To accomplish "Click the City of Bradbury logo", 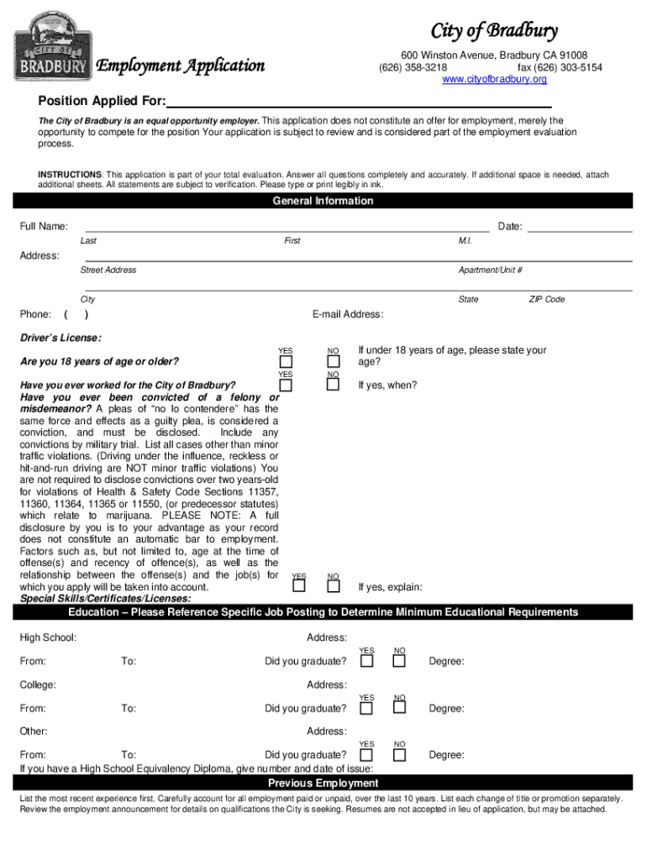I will point(53,46).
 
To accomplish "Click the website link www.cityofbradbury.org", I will point(494,79).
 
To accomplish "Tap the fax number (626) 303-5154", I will point(560,67).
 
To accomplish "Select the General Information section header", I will point(323,201).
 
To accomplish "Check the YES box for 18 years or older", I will point(286,362).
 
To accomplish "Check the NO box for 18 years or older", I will point(334,362).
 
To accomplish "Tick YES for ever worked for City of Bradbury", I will point(286,385).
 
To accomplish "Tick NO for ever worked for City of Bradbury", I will point(334,385).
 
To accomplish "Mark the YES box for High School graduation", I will point(367,661).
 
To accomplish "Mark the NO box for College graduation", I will point(399,708).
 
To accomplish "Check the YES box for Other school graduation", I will point(367,754).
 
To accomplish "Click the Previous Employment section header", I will point(323,784).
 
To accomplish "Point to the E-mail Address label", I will point(348,315).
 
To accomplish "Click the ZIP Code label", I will point(546,299).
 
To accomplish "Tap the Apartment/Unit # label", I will point(490,270).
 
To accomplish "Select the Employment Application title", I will point(181,66).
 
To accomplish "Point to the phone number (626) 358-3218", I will point(413,67).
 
